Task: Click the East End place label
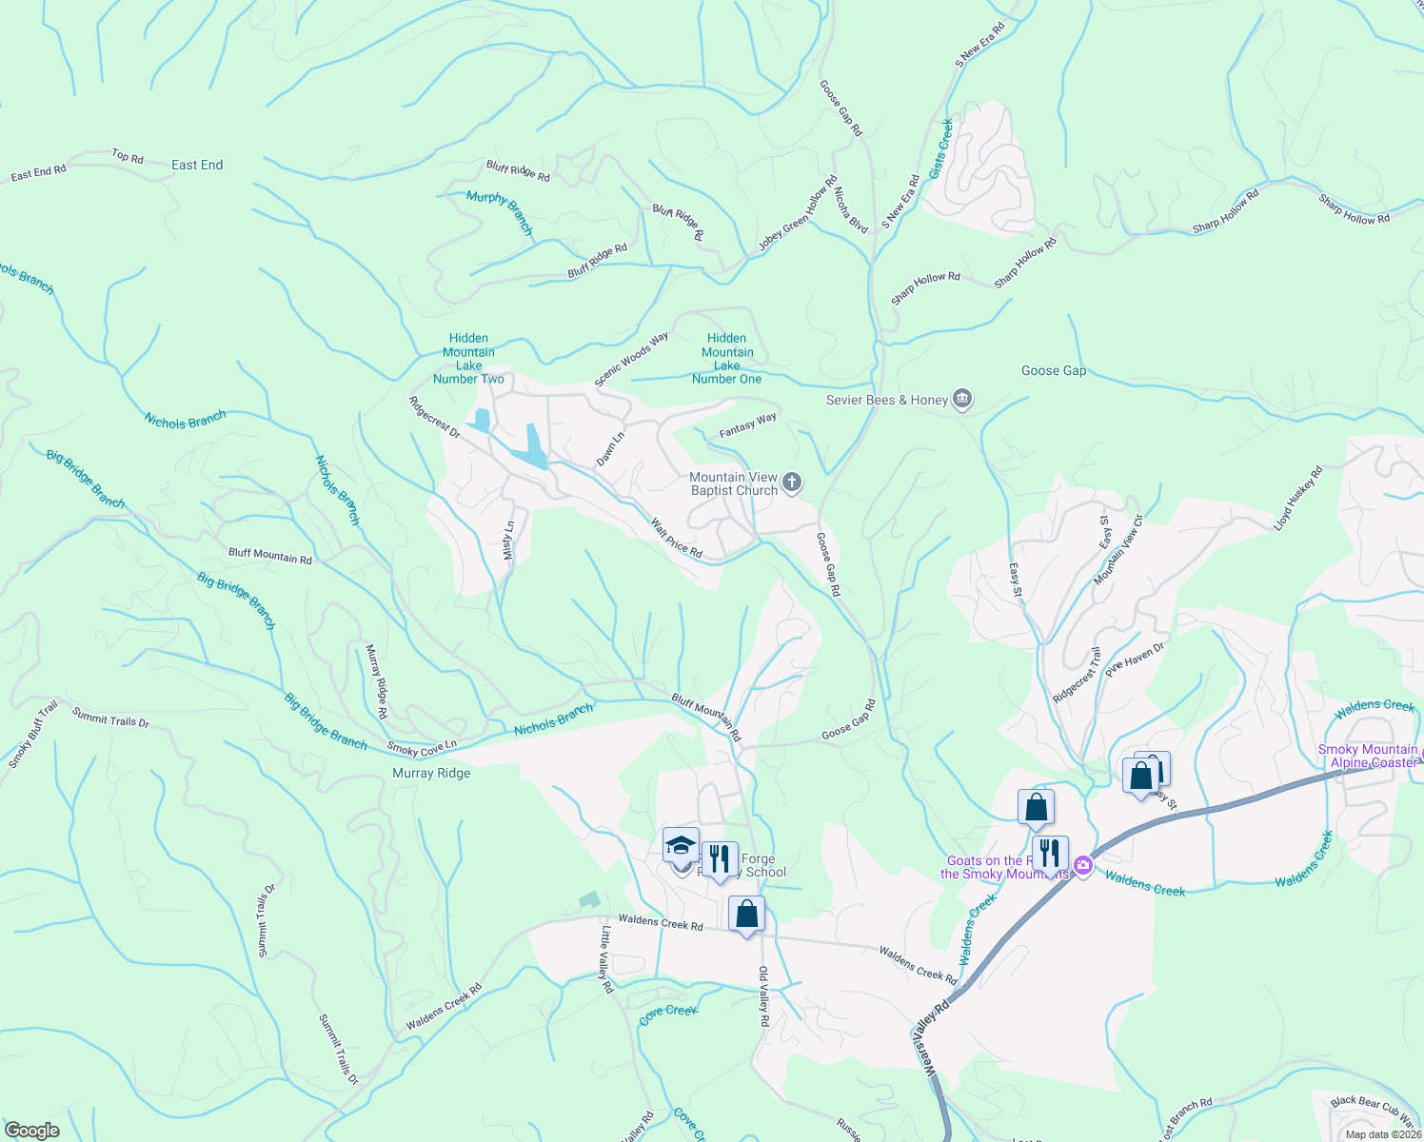coord(197,165)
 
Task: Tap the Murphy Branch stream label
coord(500,211)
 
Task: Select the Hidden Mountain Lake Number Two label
coord(468,358)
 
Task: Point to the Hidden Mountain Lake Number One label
coord(727,358)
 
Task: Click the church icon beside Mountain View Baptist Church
coord(792,483)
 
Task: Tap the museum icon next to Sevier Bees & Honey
coord(962,398)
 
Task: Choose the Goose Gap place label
coord(1053,370)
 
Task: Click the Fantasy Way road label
coord(747,425)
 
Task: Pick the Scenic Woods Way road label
coord(632,360)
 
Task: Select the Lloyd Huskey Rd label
coord(1299,498)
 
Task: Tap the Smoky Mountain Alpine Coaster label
coord(1367,756)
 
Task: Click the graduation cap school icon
coord(681,844)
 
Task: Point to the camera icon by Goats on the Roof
coord(1082,865)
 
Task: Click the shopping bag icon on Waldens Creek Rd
coord(747,914)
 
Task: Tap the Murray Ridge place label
coord(431,773)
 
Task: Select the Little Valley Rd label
coord(606,959)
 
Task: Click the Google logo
coord(31,1130)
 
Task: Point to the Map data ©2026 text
coord(1382,1133)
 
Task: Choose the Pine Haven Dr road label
coord(1135,659)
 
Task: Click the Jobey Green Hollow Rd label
coord(798,213)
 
